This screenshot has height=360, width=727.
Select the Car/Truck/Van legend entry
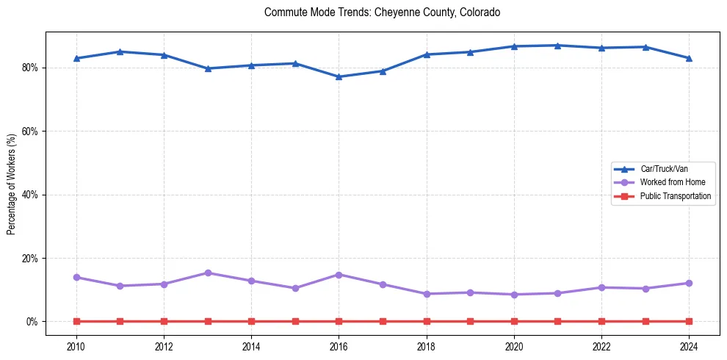click(x=664, y=169)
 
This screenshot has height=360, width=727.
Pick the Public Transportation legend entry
click(x=675, y=196)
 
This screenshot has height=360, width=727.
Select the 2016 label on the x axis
click(x=339, y=346)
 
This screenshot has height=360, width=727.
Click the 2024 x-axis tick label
click(x=689, y=346)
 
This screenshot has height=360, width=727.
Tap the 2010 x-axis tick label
click(x=76, y=346)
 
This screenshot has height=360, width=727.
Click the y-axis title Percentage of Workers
click(x=12, y=184)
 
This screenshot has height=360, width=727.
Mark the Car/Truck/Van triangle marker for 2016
click(x=339, y=76)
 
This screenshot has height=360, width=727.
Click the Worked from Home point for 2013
click(x=208, y=273)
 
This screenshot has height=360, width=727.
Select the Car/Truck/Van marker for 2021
click(x=557, y=46)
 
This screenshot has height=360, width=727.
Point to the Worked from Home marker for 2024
click(x=689, y=283)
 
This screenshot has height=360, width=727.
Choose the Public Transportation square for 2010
click(x=76, y=321)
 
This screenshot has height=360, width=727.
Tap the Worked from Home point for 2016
click(x=339, y=275)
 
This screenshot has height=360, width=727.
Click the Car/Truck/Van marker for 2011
click(x=120, y=51)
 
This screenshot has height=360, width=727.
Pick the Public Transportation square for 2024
click(x=689, y=321)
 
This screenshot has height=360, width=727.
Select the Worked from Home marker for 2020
click(x=514, y=295)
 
